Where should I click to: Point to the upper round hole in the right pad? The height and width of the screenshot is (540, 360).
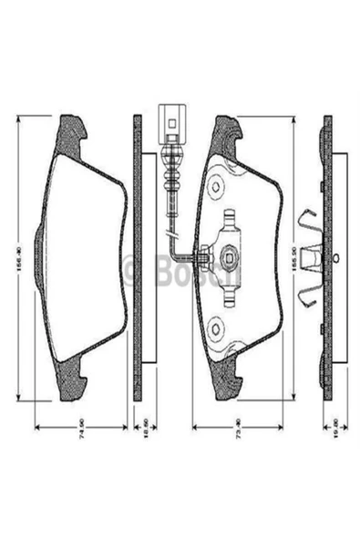[x=216, y=187]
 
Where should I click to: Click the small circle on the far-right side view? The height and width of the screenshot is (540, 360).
[x=336, y=257]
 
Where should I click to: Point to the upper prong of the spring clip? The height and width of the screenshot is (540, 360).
[x=307, y=219]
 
